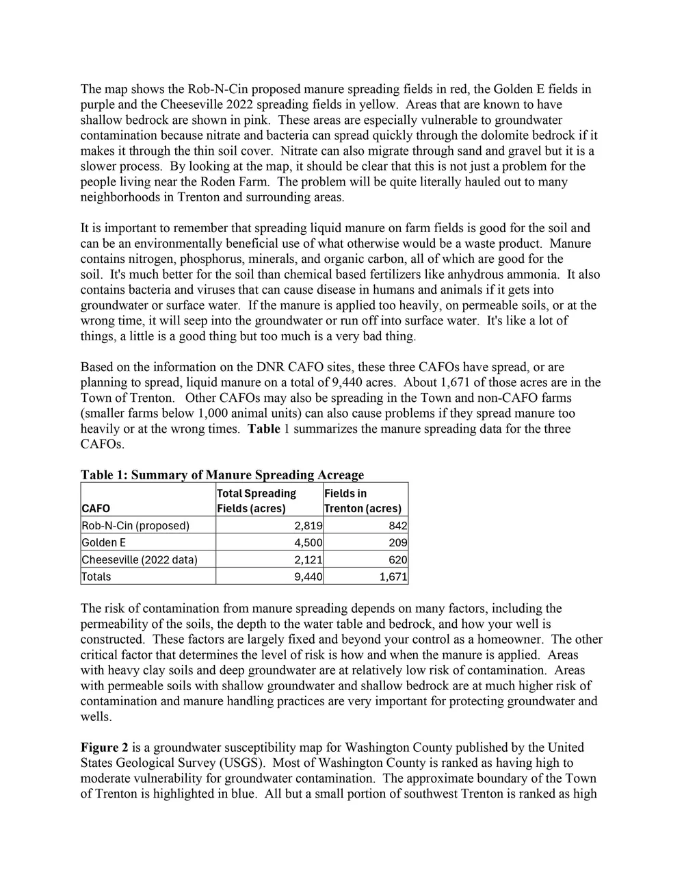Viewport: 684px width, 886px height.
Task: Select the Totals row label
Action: pos(96,577)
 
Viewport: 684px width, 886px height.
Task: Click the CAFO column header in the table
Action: pos(96,508)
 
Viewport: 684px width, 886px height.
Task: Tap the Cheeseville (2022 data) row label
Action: pos(140,559)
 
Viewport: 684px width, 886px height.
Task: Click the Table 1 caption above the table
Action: pos(222,474)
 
